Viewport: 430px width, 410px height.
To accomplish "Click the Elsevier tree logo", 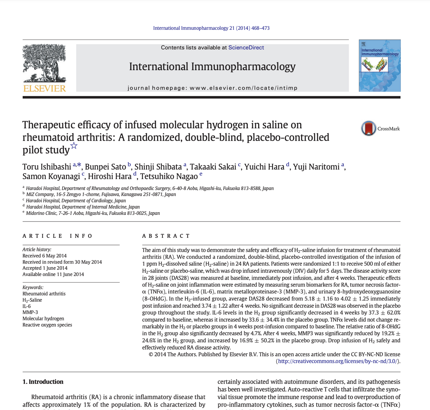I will (44, 63).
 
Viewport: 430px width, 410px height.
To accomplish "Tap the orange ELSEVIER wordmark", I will (44, 88).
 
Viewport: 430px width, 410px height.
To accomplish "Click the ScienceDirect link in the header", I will (246, 48).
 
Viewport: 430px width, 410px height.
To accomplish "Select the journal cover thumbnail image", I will (380, 66).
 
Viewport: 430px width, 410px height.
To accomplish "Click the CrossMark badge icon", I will (368, 128).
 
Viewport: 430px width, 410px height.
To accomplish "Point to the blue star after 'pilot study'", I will (74, 146).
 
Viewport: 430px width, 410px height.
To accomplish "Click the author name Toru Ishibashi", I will (47, 167).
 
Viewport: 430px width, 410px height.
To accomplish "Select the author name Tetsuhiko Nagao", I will (169, 176).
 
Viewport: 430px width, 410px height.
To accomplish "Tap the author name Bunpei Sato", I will (105, 167).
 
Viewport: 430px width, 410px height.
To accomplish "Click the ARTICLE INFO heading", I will (57, 236).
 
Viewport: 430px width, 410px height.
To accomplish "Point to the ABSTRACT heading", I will (166, 236).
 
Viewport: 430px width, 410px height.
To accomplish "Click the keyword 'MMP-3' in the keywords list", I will (30, 312).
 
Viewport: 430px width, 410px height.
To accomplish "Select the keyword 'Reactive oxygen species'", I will (47, 325).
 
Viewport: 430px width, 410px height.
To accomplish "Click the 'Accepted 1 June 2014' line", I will (45, 268).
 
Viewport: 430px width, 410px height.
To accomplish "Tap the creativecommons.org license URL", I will (338, 361).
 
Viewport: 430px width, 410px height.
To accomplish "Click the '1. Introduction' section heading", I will (43, 382).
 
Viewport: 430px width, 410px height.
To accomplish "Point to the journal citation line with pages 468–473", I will (211, 28).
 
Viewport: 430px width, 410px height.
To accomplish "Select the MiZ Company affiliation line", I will (101, 195).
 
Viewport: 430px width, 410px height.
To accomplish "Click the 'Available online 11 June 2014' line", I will (53, 274).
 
